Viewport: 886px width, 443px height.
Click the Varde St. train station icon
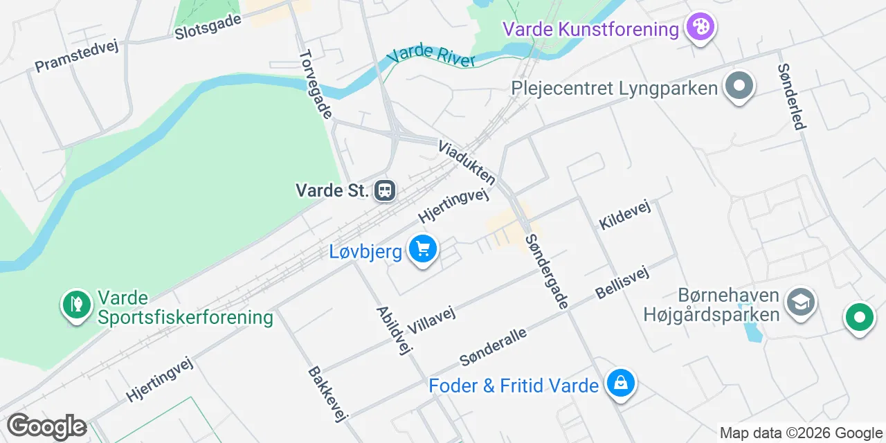pos(384,190)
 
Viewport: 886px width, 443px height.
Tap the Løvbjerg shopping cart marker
pos(422,248)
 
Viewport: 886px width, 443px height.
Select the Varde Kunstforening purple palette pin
pos(700,28)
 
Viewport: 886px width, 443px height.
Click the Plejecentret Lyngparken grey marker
pos(739,87)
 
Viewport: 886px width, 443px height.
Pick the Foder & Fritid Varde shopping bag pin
pos(620,383)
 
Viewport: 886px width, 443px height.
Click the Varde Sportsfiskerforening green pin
pos(76,305)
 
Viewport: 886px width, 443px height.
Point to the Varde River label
pos(432,56)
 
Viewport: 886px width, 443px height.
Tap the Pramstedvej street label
pos(77,55)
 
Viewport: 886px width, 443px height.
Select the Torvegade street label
pos(316,84)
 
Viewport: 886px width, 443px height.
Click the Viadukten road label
pos(467,163)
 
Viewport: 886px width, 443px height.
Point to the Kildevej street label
pos(625,215)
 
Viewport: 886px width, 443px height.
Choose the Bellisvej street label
pos(622,282)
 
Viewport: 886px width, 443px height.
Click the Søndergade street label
pos(547,271)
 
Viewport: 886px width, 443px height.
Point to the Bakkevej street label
pos(327,393)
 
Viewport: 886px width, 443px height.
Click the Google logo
pos(46,427)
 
